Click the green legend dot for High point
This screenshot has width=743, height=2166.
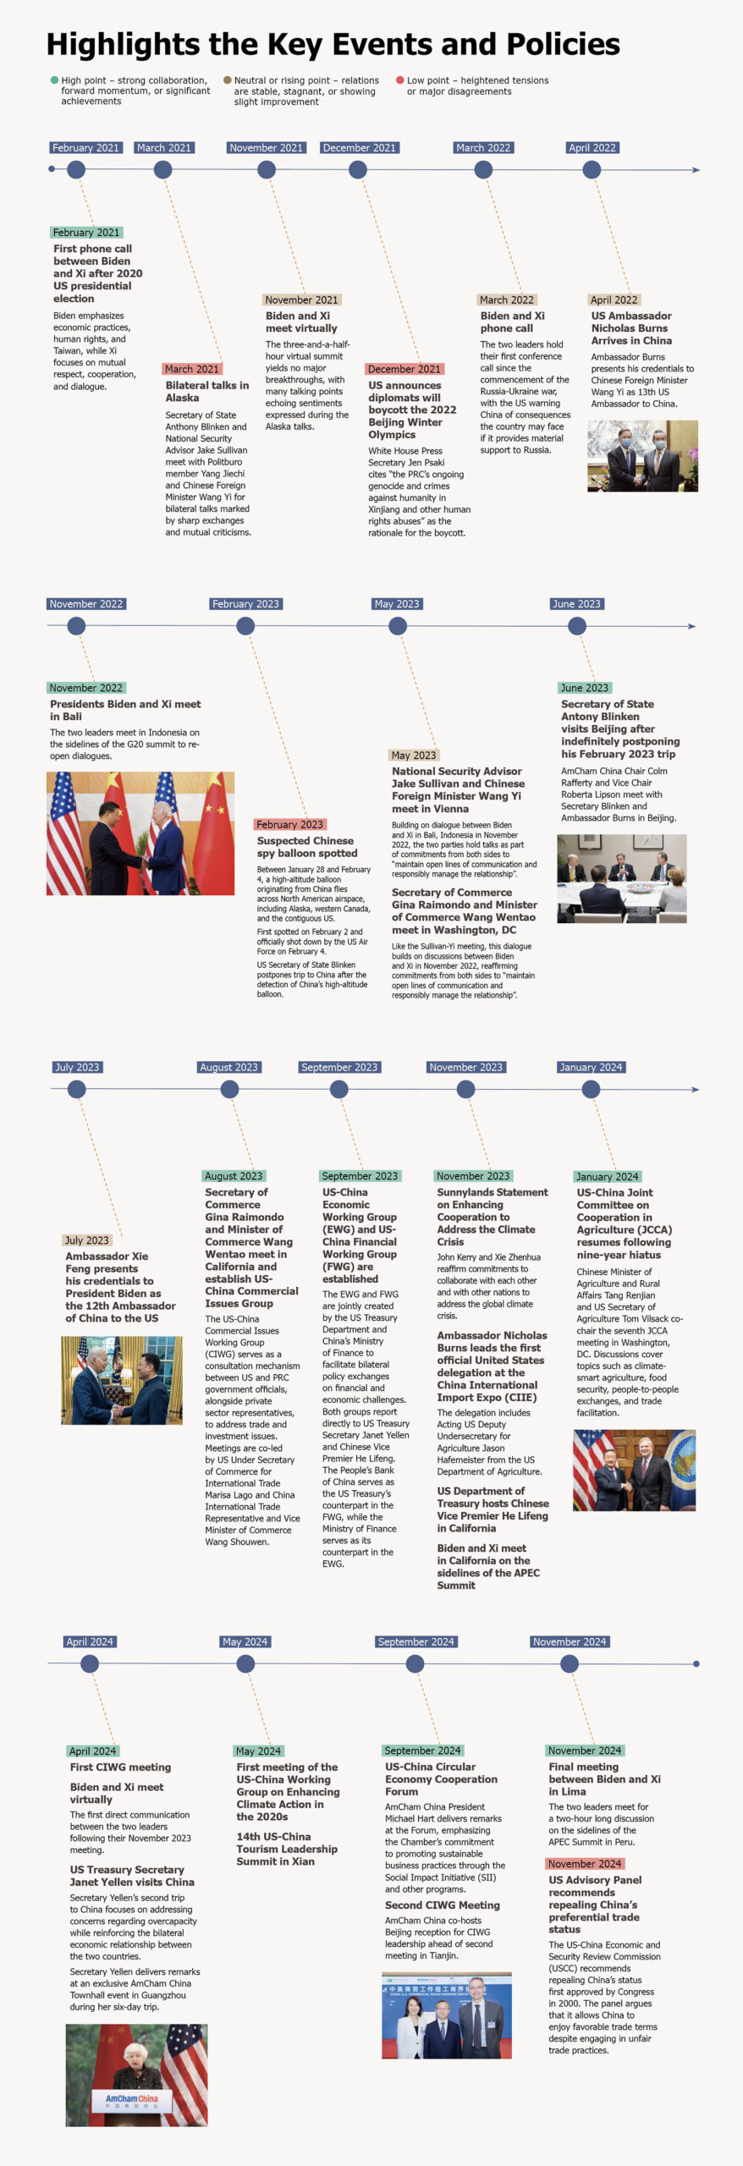(55, 80)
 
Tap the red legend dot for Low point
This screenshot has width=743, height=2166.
(400, 80)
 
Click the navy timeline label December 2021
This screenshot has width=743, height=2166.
(359, 147)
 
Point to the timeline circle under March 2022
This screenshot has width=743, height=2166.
(483, 169)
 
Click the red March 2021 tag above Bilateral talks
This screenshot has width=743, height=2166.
(191, 369)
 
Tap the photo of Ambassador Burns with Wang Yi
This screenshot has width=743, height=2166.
(642, 456)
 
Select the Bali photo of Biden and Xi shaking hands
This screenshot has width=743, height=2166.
(140, 833)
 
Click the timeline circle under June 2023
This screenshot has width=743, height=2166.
(577, 626)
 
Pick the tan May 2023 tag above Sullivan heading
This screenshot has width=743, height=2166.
(414, 755)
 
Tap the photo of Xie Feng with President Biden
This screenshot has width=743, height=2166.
(122, 1380)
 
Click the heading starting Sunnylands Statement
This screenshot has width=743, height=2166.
(492, 1217)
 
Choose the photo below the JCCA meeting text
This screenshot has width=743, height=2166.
(634, 1470)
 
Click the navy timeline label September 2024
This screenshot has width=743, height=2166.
(416, 1641)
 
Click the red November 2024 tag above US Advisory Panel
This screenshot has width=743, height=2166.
(584, 1863)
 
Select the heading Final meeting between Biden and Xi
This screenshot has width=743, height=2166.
(604, 1778)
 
